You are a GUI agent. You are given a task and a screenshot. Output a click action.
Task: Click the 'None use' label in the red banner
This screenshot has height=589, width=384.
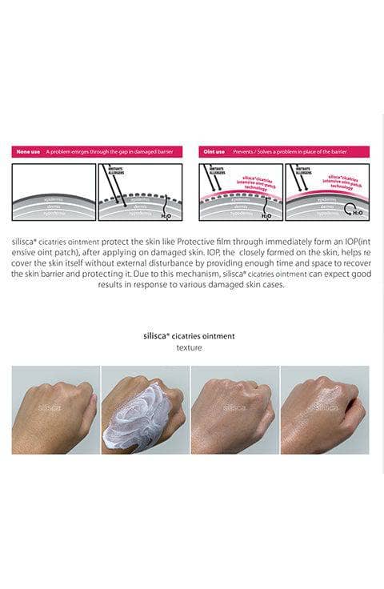[29, 151]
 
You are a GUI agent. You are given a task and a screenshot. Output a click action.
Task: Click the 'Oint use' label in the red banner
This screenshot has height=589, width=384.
[213, 151]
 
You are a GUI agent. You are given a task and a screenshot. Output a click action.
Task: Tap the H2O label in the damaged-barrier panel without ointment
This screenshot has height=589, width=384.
[166, 214]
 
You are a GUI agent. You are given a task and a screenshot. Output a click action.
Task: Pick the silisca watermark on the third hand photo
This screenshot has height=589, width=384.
[234, 407]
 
